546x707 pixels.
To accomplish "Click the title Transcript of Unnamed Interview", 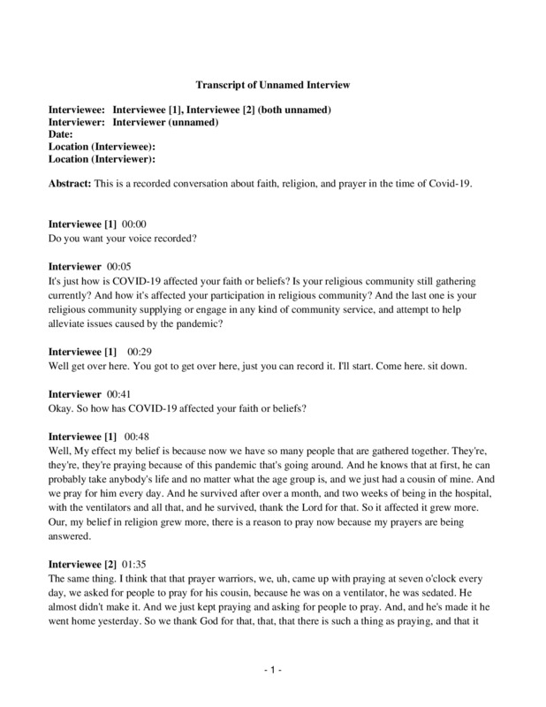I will pyautogui.click(x=273, y=85).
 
